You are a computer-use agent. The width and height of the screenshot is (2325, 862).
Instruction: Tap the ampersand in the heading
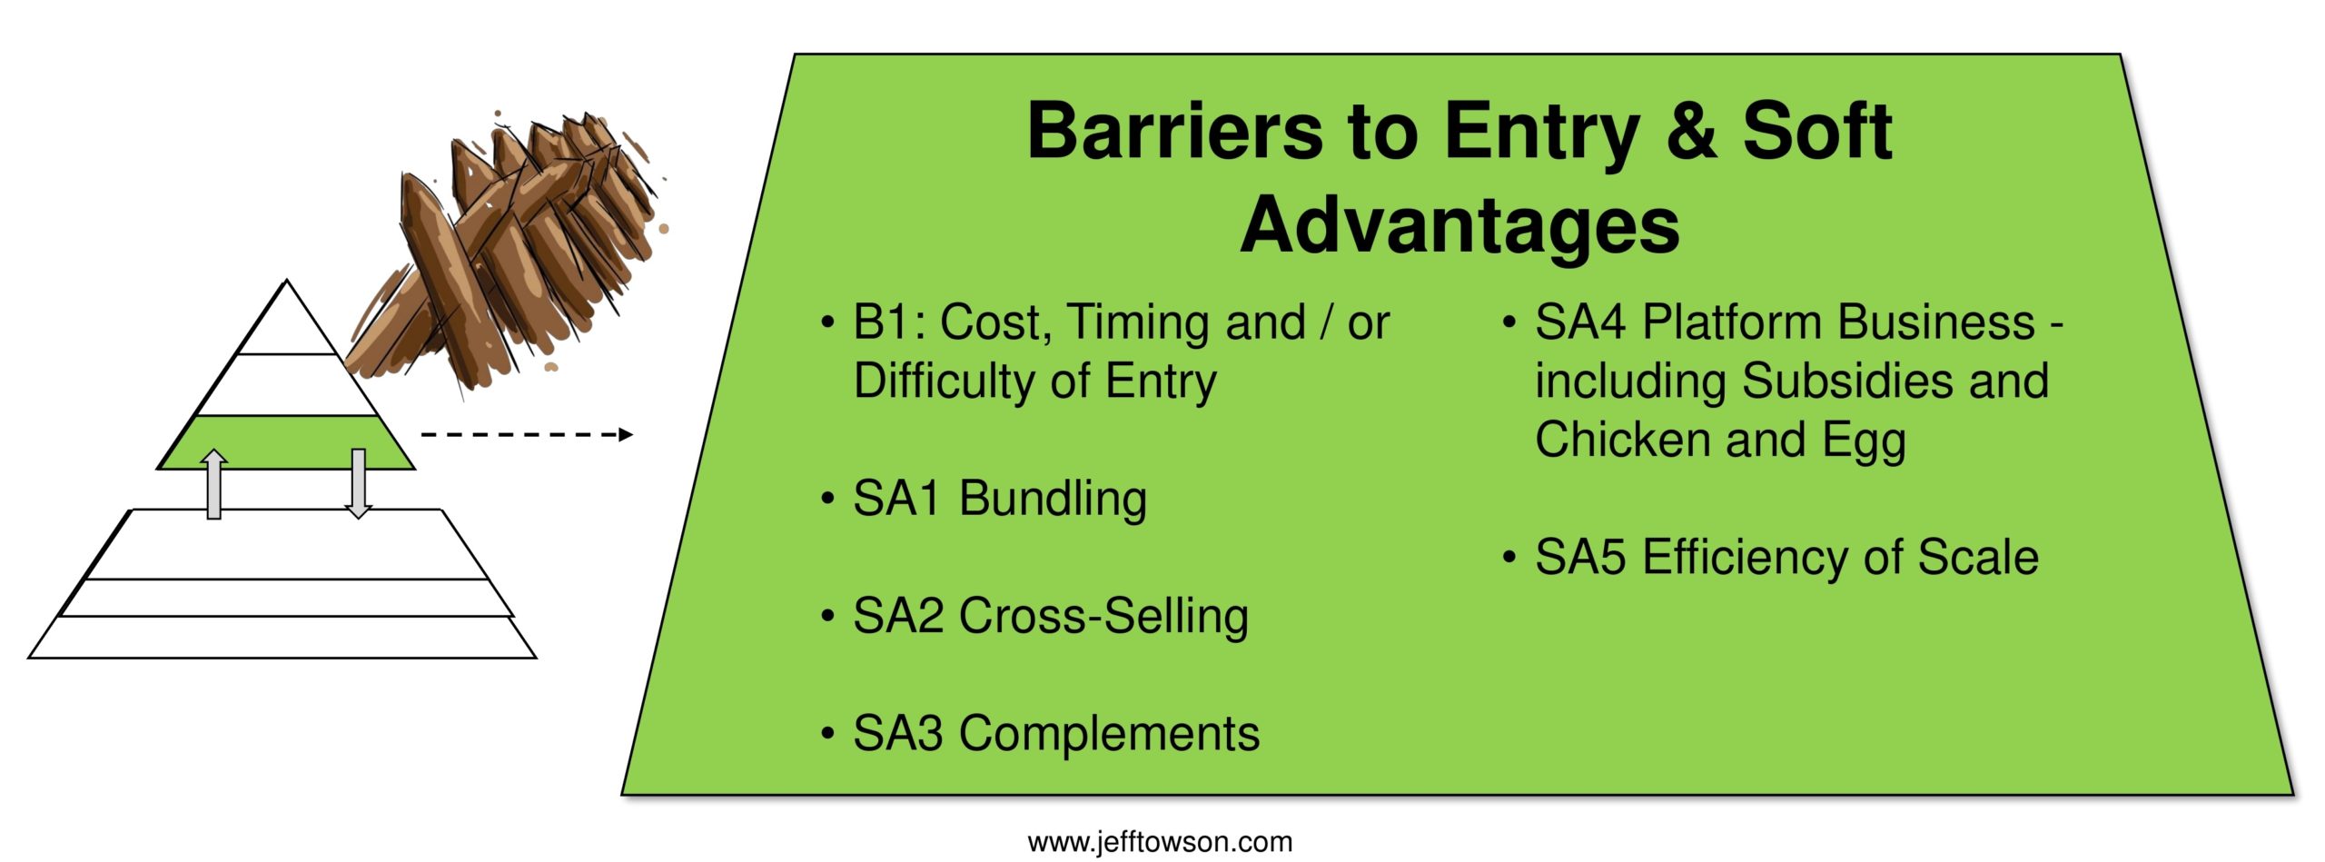click(x=1689, y=132)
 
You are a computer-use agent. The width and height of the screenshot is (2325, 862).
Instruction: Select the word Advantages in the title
click(x=1460, y=227)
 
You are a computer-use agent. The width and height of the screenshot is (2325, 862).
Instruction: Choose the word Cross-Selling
click(x=1103, y=616)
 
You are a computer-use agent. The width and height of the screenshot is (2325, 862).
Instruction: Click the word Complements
click(x=1109, y=735)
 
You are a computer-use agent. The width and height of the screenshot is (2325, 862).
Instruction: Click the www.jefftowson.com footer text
click(x=1160, y=842)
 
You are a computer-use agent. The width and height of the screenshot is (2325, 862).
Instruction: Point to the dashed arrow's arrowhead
click(x=625, y=434)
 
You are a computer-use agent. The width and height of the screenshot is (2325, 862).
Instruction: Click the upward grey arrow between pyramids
click(x=213, y=484)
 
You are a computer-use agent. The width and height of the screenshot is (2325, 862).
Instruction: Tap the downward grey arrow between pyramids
click(x=359, y=484)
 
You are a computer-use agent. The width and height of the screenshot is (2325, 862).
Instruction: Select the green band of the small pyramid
click(x=286, y=442)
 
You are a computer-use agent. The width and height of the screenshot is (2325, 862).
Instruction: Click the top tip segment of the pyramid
click(x=287, y=322)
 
